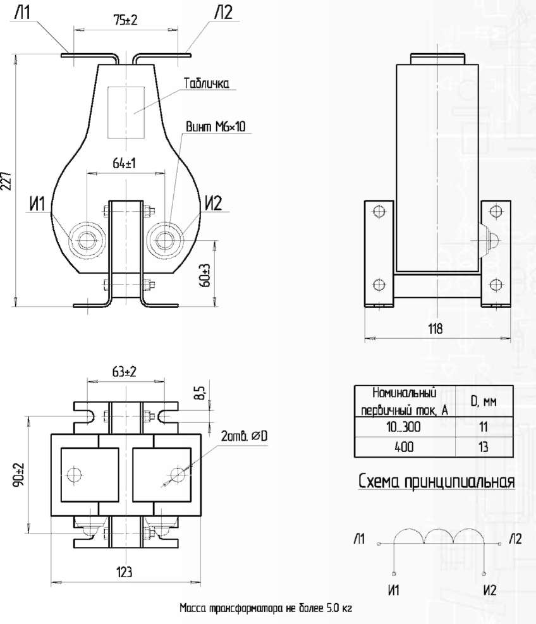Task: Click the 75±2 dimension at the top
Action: pos(125,20)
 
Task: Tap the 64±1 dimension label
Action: pos(124,162)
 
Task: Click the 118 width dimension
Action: pos(435,329)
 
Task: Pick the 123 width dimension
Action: pos(124,572)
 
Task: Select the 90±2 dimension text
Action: pos(19,474)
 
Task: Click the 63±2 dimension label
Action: pos(124,371)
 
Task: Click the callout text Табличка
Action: pos(207,83)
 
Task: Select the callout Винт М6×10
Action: pos(216,127)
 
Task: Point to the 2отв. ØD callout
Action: pos(245,436)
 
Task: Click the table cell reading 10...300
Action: pos(403,427)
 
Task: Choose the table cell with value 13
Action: pos(483,447)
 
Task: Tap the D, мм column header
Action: pos(484,401)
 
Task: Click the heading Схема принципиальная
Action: pos(437,480)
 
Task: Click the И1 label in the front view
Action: pos(37,204)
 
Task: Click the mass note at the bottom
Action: pos(266,608)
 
